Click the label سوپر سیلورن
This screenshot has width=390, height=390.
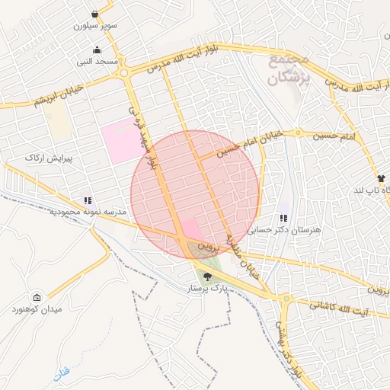95,25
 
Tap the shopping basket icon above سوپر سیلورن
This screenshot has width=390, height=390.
94,14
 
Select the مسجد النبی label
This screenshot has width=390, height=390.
97,61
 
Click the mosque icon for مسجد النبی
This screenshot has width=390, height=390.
97,50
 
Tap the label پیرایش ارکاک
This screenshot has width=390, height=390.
47,156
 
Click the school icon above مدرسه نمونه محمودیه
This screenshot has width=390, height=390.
88,200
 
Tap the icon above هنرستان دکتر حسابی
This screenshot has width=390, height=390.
283,218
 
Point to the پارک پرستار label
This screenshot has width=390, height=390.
209,289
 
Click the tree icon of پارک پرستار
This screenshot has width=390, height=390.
208,278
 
